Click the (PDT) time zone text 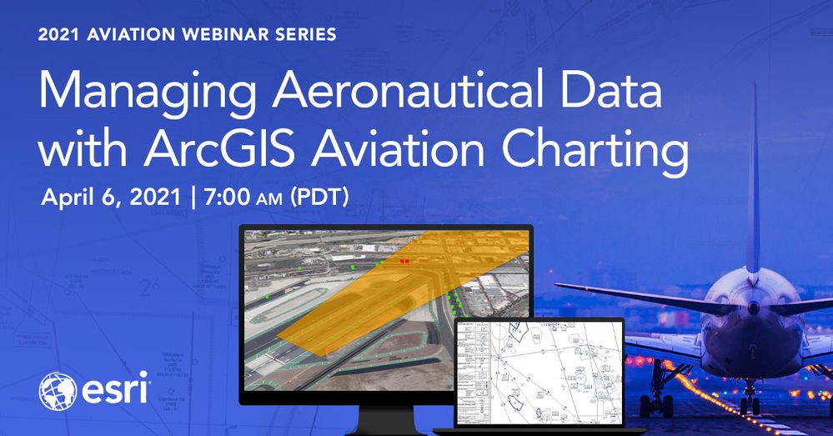(x=318, y=199)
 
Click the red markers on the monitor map (x=404, y=262)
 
